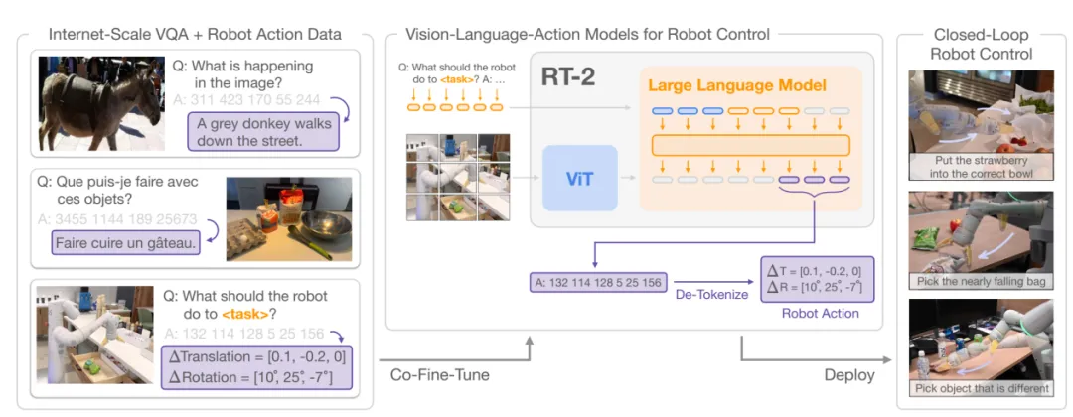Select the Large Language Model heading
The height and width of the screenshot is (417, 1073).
737,85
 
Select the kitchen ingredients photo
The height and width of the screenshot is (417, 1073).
289,218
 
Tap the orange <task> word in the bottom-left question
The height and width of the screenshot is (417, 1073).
255,315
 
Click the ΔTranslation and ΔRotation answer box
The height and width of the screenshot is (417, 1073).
259,367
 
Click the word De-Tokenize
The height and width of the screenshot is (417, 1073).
711,295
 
